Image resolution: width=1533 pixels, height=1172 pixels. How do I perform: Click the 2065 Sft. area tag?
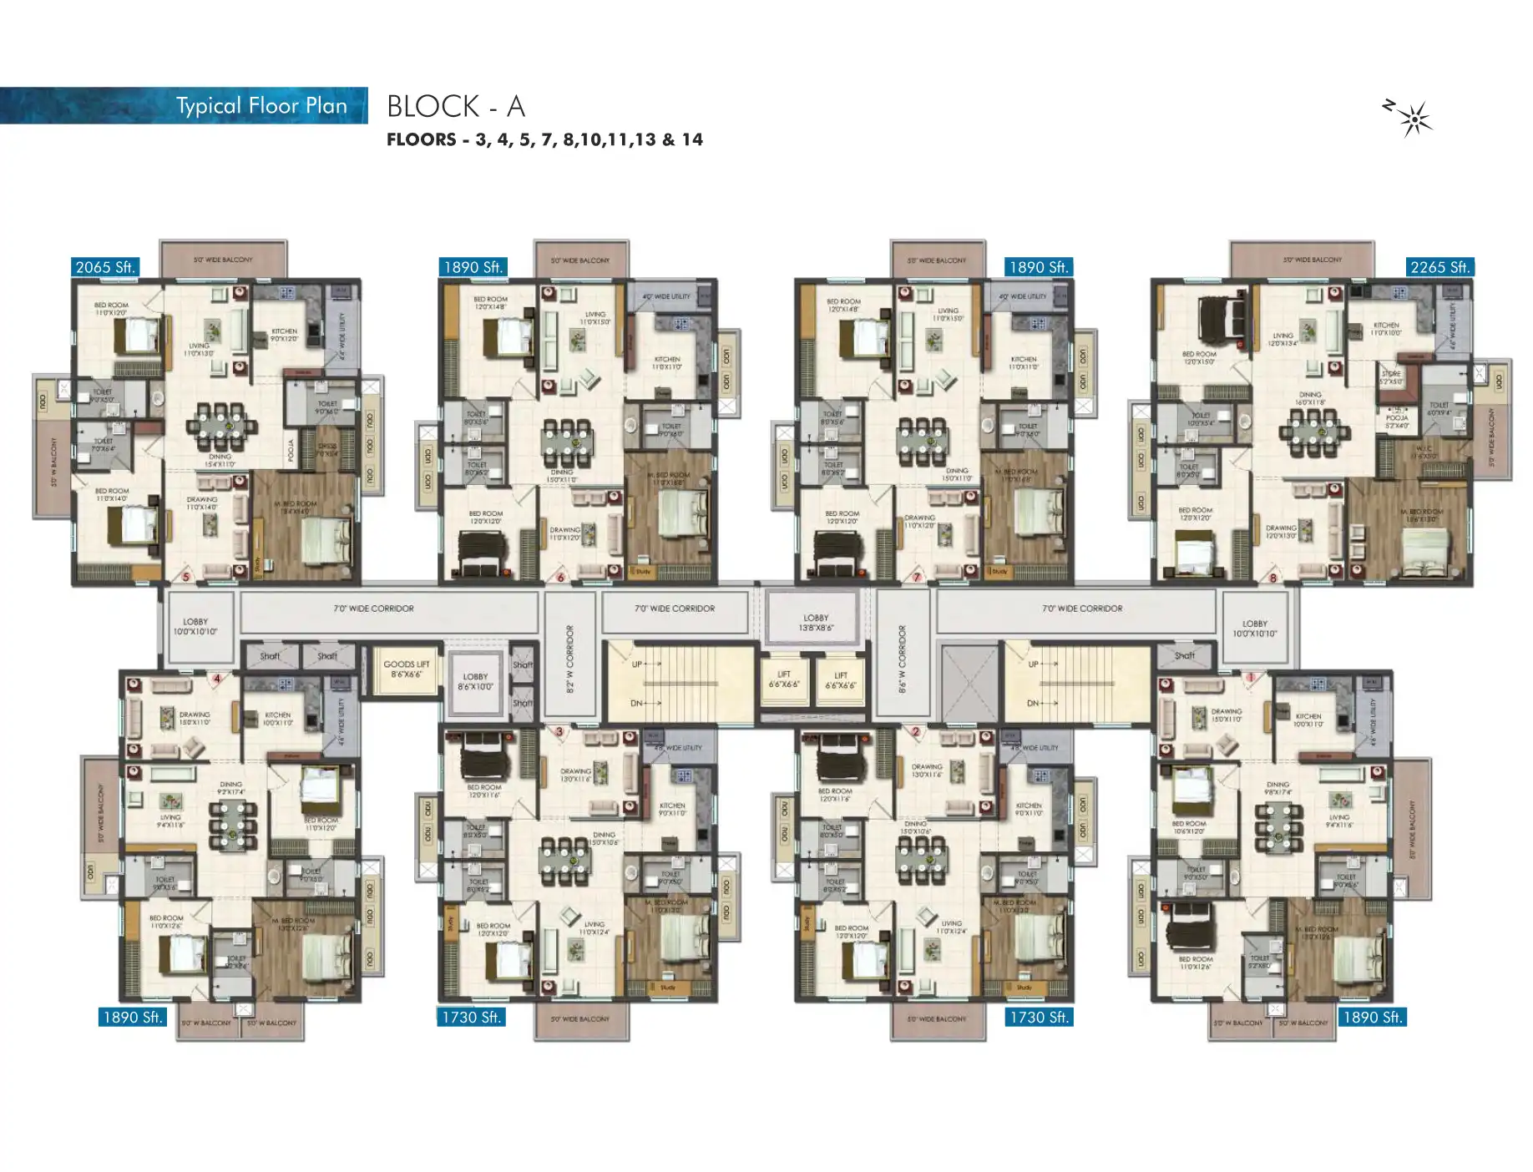click(105, 267)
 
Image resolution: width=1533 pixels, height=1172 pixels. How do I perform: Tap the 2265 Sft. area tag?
click(1439, 267)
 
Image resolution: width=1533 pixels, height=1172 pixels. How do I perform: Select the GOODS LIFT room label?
click(407, 669)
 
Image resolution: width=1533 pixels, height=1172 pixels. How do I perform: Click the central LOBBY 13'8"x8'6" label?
click(816, 623)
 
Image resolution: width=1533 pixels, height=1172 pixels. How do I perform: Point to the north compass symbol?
click(1412, 118)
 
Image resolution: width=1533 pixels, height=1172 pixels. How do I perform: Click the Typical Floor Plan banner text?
click(261, 106)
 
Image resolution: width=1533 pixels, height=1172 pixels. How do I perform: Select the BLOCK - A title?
click(456, 106)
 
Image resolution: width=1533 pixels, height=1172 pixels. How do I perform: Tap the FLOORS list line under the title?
click(544, 139)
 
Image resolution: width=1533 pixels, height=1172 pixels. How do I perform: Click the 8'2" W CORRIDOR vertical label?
click(570, 659)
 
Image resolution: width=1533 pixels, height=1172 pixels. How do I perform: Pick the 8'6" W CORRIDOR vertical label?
click(902, 659)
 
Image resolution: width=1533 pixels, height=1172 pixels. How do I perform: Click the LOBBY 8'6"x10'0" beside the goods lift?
click(475, 682)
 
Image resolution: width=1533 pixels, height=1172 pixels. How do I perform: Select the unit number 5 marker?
click(186, 577)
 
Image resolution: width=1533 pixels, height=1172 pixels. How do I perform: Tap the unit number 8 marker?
click(1272, 577)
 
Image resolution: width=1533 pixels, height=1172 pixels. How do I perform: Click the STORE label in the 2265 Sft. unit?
click(1391, 377)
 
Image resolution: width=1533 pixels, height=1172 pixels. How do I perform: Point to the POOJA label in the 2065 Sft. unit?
click(291, 451)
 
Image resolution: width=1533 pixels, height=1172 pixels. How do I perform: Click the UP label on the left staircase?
click(637, 664)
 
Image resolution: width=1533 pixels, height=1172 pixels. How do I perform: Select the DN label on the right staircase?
click(1033, 703)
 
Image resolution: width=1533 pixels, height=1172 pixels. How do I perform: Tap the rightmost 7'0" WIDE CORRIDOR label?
click(1082, 609)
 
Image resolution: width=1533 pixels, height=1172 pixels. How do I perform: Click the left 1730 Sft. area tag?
click(472, 1017)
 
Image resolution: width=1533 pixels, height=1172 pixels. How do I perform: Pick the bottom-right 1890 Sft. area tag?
click(1372, 1017)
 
